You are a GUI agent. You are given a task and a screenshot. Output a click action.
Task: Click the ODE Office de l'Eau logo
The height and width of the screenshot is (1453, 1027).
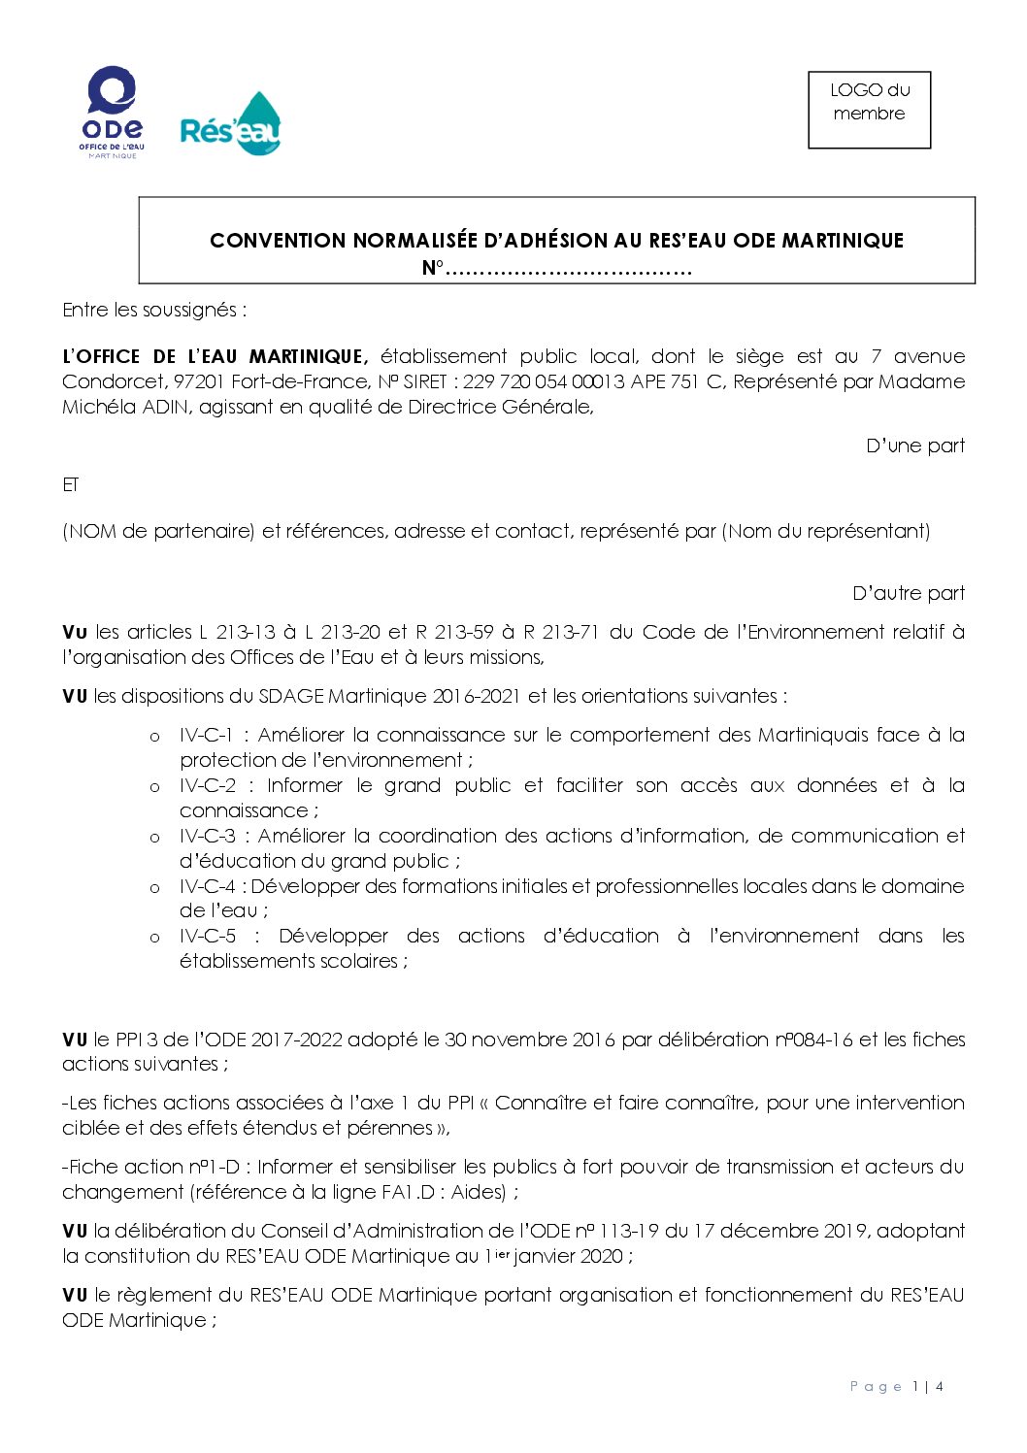pyautogui.click(x=112, y=112)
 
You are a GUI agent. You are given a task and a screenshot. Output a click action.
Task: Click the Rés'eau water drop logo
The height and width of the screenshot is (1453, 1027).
pyautogui.click(x=231, y=125)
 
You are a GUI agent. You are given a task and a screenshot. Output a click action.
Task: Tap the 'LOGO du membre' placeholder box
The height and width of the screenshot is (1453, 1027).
pyautogui.click(x=869, y=110)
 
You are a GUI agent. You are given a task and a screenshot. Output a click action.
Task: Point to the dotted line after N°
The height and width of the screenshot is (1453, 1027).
pyautogui.click(x=568, y=269)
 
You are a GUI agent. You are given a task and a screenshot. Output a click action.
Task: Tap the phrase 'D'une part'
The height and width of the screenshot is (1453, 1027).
pyautogui.click(x=914, y=446)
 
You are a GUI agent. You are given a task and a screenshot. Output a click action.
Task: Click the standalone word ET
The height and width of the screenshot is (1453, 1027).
pyautogui.click(x=70, y=484)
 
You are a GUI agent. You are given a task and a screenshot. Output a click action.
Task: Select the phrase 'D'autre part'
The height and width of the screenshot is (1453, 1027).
pyautogui.click(x=908, y=593)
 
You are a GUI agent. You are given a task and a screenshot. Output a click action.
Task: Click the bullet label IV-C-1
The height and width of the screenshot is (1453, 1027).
pyautogui.click(x=206, y=735)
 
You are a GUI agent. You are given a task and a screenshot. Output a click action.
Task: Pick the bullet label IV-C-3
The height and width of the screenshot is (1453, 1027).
pyautogui.click(x=207, y=836)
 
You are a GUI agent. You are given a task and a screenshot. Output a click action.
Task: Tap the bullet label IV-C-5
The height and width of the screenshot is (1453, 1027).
pyautogui.click(x=207, y=936)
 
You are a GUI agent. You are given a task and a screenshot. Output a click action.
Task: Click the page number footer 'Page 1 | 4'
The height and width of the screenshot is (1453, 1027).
pyautogui.click(x=896, y=1386)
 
